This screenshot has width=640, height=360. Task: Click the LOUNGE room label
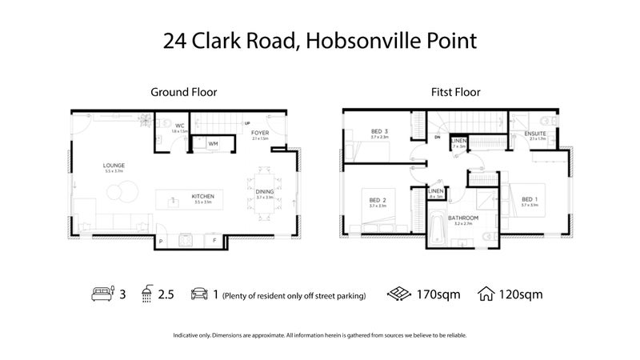click(x=114, y=166)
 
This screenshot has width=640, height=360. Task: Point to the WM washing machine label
click(x=213, y=144)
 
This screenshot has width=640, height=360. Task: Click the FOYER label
click(x=260, y=133)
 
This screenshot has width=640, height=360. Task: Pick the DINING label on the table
click(x=264, y=192)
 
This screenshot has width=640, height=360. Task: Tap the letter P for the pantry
click(x=160, y=239)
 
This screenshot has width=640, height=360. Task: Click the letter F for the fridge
click(x=214, y=239)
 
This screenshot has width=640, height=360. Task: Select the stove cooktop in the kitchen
click(x=187, y=238)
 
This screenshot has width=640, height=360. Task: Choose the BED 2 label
click(x=378, y=200)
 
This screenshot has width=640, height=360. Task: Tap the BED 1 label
click(x=529, y=200)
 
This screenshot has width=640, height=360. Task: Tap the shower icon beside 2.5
click(x=146, y=294)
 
